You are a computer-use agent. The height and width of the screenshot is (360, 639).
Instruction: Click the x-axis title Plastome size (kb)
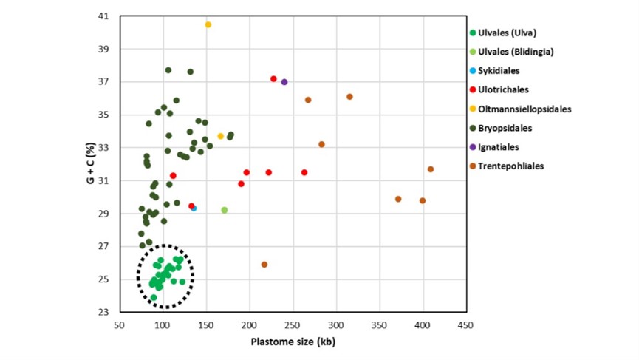click(x=292, y=341)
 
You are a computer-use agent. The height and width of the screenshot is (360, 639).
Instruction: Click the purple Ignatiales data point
click(x=284, y=82)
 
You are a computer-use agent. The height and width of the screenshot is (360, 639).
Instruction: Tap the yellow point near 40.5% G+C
click(x=208, y=24)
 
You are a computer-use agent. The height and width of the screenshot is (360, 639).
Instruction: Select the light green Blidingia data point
click(x=225, y=210)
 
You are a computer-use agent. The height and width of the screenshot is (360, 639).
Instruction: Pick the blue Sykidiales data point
click(x=194, y=208)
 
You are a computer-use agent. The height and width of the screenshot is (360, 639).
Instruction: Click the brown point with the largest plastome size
click(x=431, y=169)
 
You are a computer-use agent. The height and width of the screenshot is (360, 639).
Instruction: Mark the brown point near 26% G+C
click(x=264, y=265)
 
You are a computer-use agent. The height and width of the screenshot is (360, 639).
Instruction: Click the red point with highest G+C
click(x=273, y=79)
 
